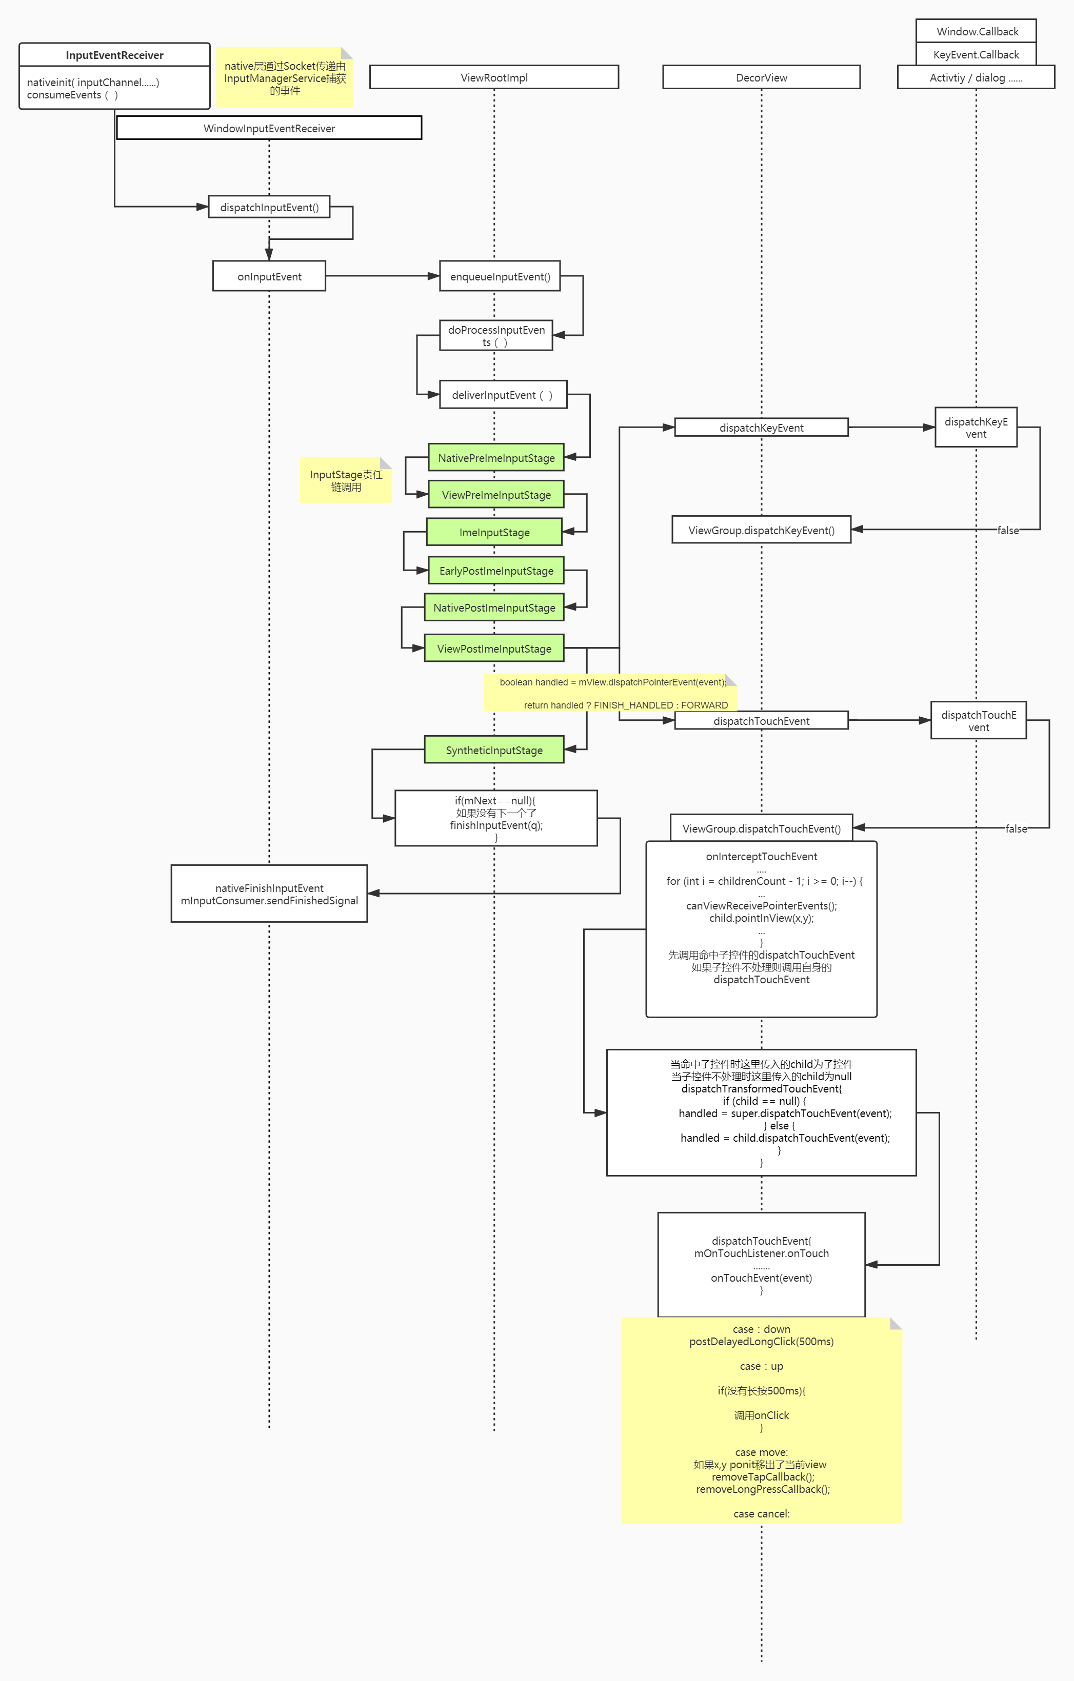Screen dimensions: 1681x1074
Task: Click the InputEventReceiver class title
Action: pos(114,55)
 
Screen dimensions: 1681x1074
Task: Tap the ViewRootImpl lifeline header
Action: pos(494,77)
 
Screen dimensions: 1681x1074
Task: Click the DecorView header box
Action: pos(761,77)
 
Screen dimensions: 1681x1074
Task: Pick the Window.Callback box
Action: pos(976,31)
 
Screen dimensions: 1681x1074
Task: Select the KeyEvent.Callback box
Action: pos(976,54)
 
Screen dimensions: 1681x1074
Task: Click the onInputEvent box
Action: pos(269,276)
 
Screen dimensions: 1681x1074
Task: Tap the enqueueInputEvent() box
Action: pos(500,276)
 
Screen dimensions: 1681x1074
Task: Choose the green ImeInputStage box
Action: pos(494,532)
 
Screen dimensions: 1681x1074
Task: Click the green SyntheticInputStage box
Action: pos(494,750)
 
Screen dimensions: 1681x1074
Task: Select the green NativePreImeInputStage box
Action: pos(496,458)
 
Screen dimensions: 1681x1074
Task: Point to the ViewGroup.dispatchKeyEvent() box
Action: pos(761,530)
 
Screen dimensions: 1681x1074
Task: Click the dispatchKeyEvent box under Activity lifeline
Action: pos(976,427)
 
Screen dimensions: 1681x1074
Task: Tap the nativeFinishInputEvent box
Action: pos(269,894)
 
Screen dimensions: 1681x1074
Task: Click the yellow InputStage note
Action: pos(346,480)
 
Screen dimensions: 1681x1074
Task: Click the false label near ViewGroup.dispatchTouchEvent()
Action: pos(1016,828)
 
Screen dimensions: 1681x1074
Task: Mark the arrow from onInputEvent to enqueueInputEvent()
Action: pos(382,276)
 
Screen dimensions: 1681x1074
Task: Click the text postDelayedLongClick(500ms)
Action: pos(761,1341)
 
